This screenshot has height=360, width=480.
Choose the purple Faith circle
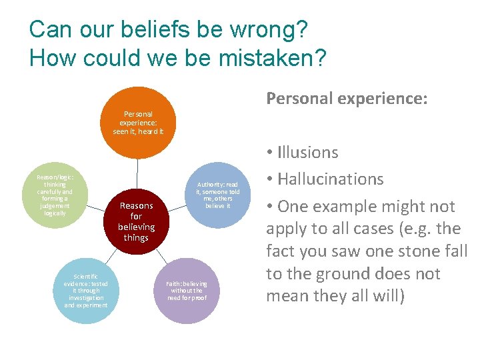(187, 291)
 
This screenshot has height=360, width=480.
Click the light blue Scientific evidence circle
(85, 291)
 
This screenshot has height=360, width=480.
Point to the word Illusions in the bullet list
(308, 153)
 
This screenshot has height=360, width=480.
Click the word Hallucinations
(331, 179)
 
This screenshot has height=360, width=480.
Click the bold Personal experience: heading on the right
(347, 99)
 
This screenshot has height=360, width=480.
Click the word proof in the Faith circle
(198, 298)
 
